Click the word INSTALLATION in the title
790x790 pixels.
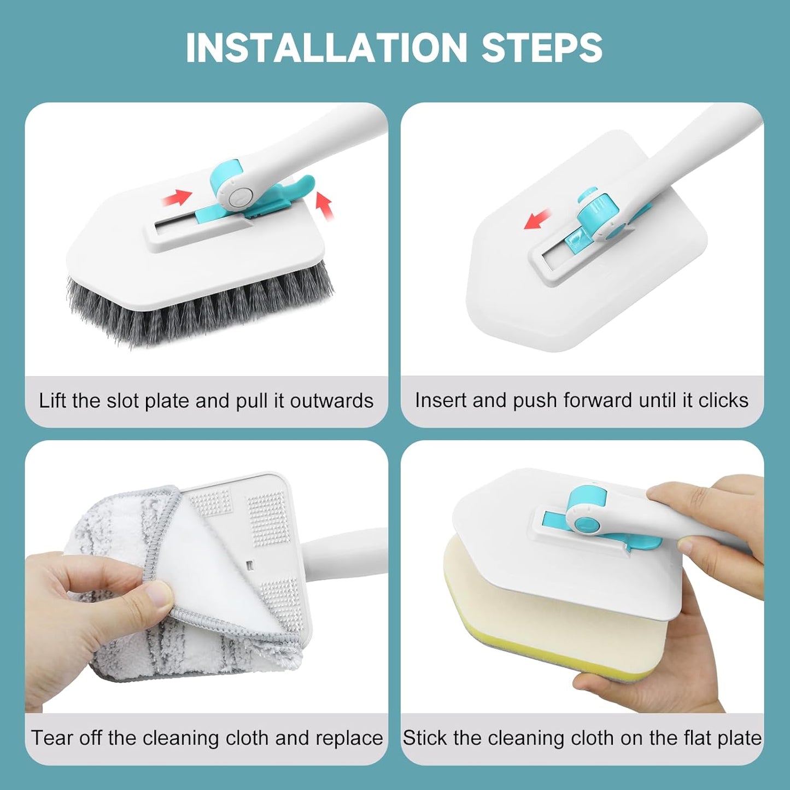click(x=326, y=48)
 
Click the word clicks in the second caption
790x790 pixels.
click(x=723, y=400)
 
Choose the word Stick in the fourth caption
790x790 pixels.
click(x=425, y=738)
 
